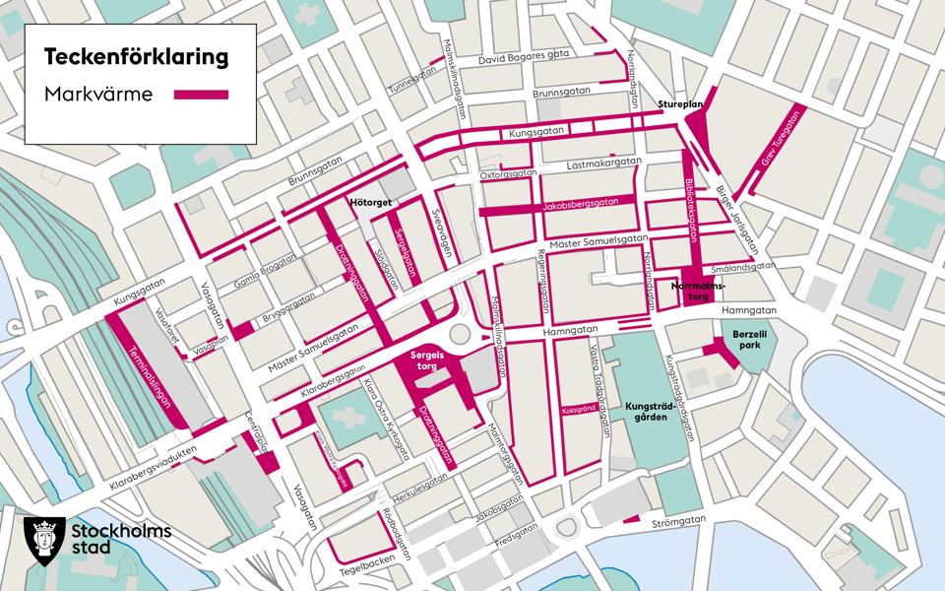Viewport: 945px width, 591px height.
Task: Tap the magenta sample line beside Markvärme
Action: tap(202, 96)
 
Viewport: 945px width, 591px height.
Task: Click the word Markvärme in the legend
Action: tap(96, 96)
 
